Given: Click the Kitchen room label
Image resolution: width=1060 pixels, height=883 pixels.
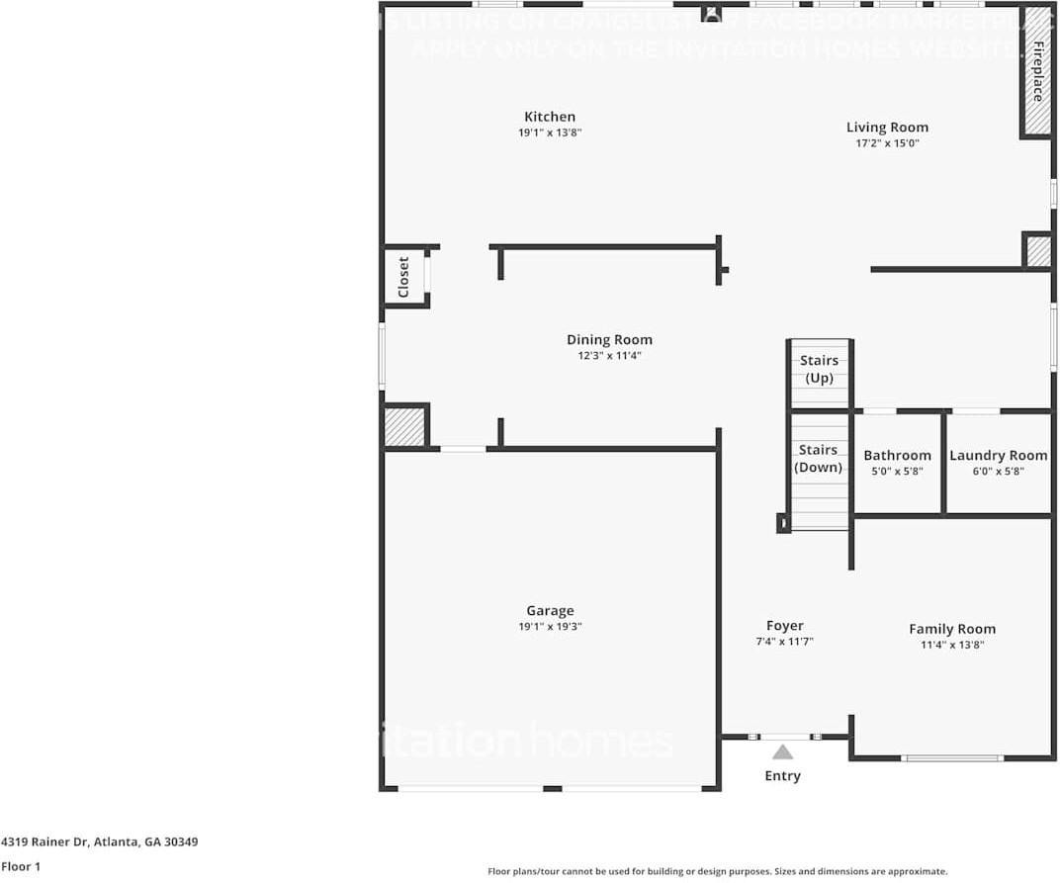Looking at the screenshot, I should pyautogui.click(x=549, y=117).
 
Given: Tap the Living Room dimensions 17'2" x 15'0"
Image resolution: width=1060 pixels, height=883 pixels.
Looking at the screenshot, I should pyautogui.click(x=887, y=143).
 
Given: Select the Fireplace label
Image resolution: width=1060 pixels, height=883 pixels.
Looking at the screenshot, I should pyautogui.click(x=1037, y=72).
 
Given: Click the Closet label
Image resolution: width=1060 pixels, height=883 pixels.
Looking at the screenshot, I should pyautogui.click(x=403, y=278).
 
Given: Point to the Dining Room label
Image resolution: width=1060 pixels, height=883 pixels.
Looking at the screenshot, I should pyautogui.click(x=609, y=340).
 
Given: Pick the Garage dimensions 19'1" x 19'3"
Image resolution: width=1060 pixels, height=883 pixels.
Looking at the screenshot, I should pyautogui.click(x=550, y=627).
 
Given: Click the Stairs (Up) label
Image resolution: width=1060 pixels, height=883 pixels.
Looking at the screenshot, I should pyautogui.click(x=819, y=369).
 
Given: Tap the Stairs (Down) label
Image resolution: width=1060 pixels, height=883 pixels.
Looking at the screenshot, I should pyautogui.click(x=819, y=458).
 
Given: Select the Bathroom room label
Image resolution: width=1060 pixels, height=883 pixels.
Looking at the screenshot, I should pyautogui.click(x=897, y=456).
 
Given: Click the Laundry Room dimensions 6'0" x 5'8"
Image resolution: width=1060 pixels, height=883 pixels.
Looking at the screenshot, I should pyautogui.click(x=998, y=472).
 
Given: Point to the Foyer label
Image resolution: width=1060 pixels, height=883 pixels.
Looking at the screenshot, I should pyautogui.click(x=784, y=626).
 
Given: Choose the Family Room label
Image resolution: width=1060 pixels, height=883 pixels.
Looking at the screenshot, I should pyautogui.click(x=952, y=629).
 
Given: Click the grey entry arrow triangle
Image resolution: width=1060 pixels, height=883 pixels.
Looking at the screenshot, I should pyautogui.click(x=782, y=752).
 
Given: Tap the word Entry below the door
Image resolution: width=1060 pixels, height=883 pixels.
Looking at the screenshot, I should pyautogui.click(x=782, y=776).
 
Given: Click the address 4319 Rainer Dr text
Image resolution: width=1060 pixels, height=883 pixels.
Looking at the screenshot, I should pyautogui.click(x=99, y=842).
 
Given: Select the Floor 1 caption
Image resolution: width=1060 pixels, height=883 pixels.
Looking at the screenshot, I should pyautogui.click(x=21, y=867).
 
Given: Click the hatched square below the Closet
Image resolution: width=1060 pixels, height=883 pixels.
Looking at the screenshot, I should pyautogui.click(x=403, y=427).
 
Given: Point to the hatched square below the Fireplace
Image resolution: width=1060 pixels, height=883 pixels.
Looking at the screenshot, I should pyautogui.click(x=1037, y=251).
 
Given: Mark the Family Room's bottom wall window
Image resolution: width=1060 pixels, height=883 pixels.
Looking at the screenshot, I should pyautogui.click(x=951, y=758).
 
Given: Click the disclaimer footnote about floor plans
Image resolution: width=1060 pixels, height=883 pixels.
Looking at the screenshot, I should pyautogui.click(x=717, y=871).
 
